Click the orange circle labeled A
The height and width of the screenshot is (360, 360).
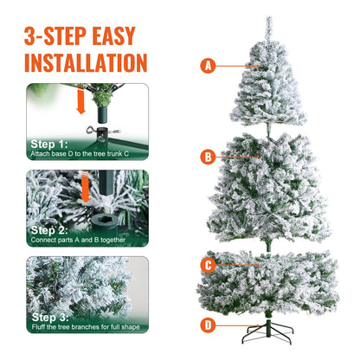(207, 65)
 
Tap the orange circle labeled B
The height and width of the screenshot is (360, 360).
(207, 157)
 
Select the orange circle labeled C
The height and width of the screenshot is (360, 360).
(208, 266)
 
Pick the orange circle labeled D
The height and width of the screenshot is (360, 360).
(208, 325)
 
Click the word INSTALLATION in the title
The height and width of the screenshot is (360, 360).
(85, 62)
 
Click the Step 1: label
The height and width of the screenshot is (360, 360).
(48, 144)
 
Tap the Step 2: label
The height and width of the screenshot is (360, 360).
(48, 230)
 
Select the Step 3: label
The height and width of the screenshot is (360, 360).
(48, 317)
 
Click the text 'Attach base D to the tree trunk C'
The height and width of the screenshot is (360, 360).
(84, 153)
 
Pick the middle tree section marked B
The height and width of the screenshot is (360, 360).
(268, 186)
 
